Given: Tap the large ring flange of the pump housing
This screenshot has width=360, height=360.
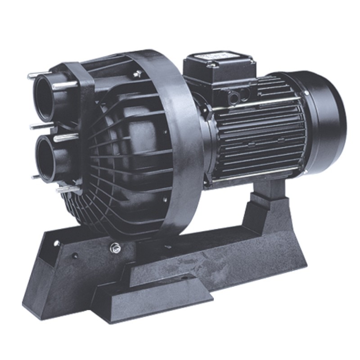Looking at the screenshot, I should coord(180,135).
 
